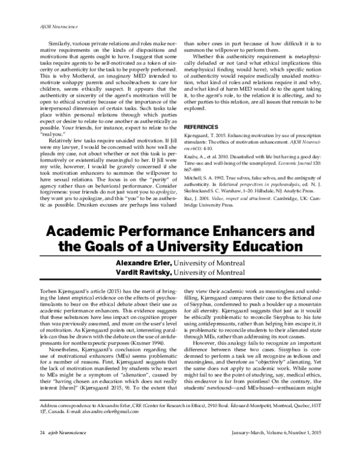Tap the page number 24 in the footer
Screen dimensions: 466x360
25,449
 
